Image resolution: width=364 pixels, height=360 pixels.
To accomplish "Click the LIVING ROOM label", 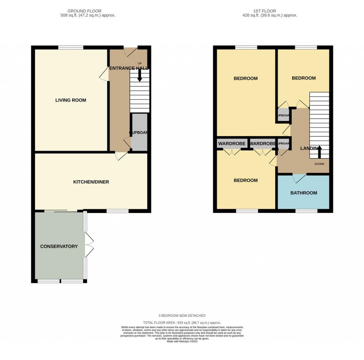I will point(71,100).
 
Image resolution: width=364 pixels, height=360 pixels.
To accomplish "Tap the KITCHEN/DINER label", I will point(91,182).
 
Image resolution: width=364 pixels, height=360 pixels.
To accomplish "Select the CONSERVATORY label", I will point(59,246).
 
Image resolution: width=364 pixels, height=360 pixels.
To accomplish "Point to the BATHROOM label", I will point(304,193).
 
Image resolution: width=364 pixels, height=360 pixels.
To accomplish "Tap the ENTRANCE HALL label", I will point(128,68).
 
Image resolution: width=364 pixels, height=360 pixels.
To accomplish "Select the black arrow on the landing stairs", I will point(319,152).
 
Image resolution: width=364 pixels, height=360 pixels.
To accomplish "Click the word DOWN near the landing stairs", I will point(319,164).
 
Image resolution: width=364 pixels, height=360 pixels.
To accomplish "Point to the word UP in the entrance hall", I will point(140,64).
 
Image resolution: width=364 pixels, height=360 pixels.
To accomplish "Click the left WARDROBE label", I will point(232,143).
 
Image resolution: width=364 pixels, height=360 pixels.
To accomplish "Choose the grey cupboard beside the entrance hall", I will point(139,132).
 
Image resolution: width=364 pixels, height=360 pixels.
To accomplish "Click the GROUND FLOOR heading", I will point(88,11).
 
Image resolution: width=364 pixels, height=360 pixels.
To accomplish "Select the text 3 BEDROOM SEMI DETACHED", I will point(182,316).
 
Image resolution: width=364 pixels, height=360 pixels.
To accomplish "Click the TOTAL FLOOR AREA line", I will point(182,323).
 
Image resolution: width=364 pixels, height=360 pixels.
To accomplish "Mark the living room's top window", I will point(71,48).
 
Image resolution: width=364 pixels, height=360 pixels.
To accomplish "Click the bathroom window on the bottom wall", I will point(306,211).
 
